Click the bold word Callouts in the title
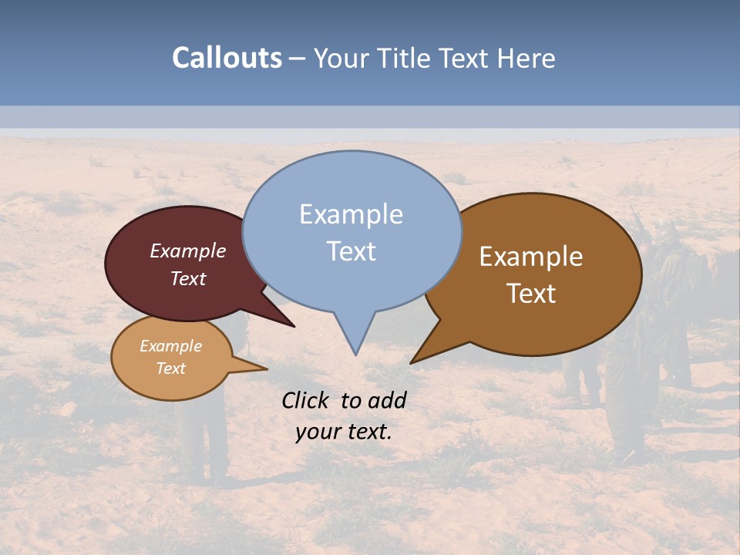(x=227, y=58)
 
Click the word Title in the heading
(x=406, y=58)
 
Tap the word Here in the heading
(x=526, y=58)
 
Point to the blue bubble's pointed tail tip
(x=355, y=355)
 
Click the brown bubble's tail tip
(x=411, y=363)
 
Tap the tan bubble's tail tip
(x=267, y=368)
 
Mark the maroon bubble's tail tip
(x=294, y=327)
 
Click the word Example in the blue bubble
(x=351, y=214)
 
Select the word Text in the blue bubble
(x=351, y=251)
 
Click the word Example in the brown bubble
(x=531, y=257)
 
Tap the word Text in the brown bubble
(x=532, y=294)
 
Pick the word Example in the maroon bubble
(x=188, y=251)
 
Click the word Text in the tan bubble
(x=171, y=368)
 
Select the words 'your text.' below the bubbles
(x=344, y=432)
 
